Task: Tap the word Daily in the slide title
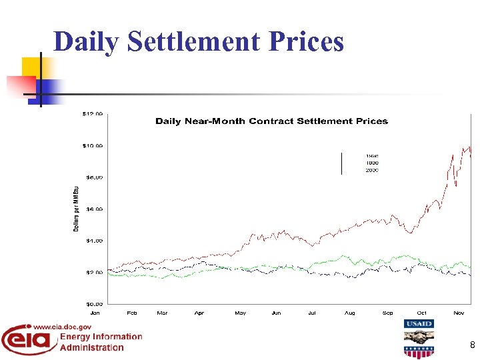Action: coord(87,41)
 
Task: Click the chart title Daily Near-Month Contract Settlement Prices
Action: coord(271,121)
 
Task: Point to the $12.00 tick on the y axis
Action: coord(93,114)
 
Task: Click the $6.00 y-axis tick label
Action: coord(93,209)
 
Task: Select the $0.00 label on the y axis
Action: coord(93,303)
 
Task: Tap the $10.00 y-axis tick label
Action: coord(93,145)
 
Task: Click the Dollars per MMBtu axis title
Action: coord(75,209)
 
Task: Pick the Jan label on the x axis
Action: coord(95,312)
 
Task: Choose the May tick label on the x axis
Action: coord(240,312)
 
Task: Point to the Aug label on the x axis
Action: coord(349,312)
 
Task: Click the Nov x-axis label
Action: coord(459,312)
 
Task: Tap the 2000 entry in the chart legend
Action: coord(372,171)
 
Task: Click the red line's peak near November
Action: coord(469,147)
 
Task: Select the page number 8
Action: coord(472,345)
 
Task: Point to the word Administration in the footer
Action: coord(91,347)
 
